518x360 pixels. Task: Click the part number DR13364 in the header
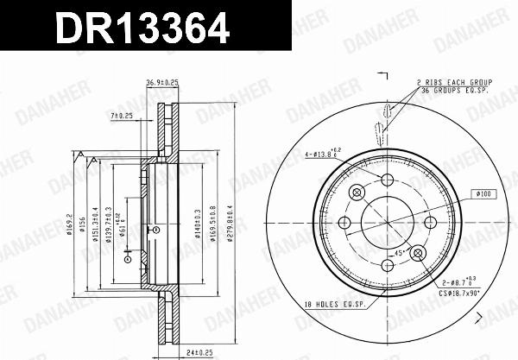(142, 28)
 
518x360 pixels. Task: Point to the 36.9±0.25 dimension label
(162, 82)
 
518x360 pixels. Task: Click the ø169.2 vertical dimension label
(71, 227)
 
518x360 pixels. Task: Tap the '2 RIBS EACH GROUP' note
(452, 81)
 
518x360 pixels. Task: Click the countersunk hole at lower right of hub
(417, 253)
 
